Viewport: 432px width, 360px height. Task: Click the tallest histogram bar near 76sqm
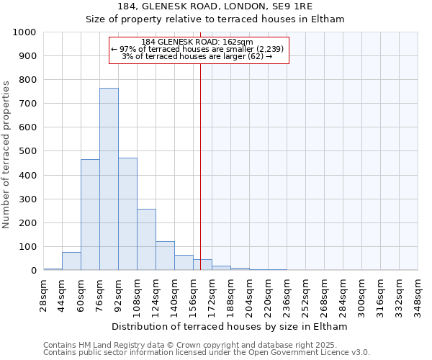click(109, 179)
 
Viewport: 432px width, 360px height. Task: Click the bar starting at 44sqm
click(71, 261)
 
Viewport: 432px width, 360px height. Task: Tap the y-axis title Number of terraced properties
click(6, 154)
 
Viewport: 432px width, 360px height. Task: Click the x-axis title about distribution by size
click(230, 326)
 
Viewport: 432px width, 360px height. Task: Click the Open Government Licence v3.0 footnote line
click(207, 353)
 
